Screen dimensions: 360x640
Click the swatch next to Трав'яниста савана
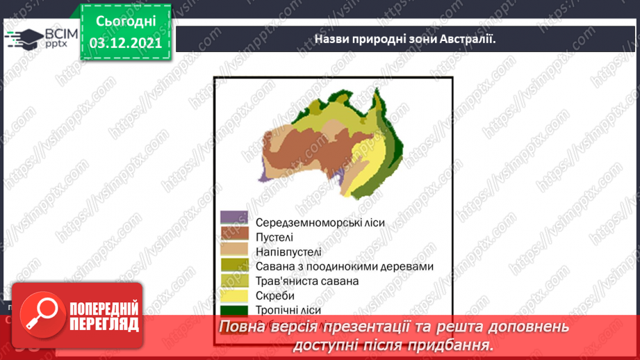tap(234, 279)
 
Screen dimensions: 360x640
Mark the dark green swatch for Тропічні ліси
tap(234, 309)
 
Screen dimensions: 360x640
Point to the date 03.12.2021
tap(126, 42)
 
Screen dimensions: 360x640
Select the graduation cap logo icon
tap(24, 38)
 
